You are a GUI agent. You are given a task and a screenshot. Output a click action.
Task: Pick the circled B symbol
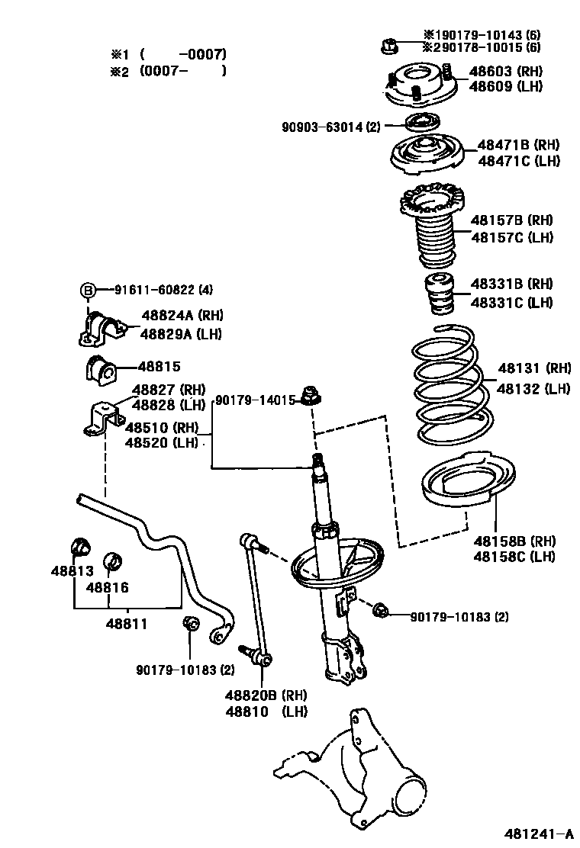click(89, 290)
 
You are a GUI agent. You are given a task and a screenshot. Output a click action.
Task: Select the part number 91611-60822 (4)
click(164, 290)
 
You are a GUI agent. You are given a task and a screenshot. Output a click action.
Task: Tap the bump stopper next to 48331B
click(440, 294)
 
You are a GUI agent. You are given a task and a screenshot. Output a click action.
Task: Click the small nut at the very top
click(387, 45)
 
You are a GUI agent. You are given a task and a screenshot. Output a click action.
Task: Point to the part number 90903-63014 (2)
click(330, 127)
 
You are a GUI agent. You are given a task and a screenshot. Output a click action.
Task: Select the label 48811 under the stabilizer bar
click(126, 623)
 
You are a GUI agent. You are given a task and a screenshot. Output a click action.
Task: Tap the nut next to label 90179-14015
click(311, 396)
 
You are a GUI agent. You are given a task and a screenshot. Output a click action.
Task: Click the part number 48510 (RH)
click(161, 428)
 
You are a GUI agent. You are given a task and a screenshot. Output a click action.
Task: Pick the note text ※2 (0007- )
click(169, 72)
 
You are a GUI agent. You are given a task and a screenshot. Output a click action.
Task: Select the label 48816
click(107, 587)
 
